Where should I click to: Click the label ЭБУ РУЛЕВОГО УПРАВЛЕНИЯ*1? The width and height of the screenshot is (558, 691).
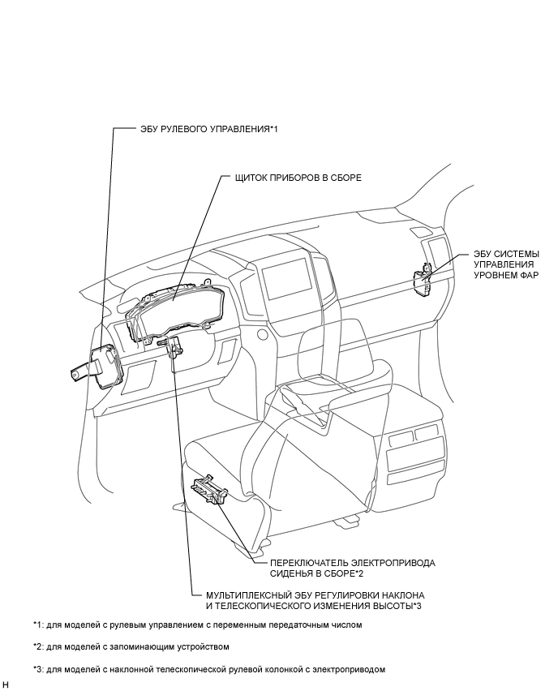[x=209, y=129]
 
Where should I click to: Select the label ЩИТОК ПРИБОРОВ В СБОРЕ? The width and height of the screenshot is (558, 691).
[x=298, y=178]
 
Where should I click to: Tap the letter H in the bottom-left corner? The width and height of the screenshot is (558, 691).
[x=5, y=684]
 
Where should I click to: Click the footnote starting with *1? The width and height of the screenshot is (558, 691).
[x=197, y=624]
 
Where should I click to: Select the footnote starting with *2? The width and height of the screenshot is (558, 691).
[x=131, y=647]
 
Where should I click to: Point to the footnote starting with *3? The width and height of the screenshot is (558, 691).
[x=209, y=669]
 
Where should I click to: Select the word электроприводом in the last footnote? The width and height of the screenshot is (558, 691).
[x=349, y=669]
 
